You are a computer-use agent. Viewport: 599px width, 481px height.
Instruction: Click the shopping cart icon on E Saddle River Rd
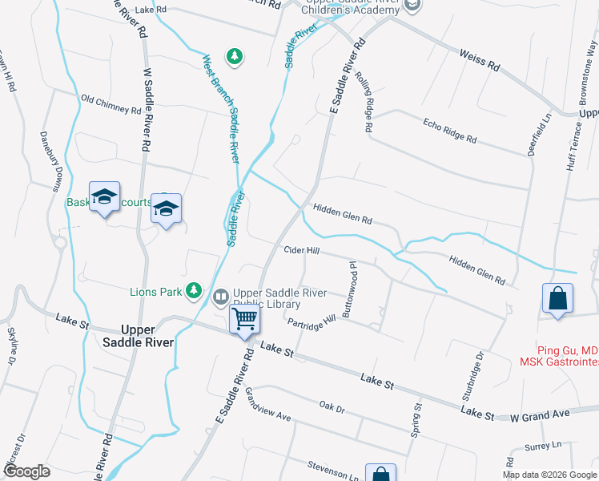[x=245, y=318]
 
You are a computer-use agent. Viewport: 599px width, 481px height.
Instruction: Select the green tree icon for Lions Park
[x=193, y=291]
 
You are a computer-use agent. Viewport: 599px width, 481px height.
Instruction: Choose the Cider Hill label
[x=302, y=251]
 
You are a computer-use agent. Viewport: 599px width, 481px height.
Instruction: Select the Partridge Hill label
[x=312, y=322]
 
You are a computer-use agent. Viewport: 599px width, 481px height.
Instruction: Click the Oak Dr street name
[x=332, y=409]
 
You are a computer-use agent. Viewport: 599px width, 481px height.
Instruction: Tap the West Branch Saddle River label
[x=221, y=107]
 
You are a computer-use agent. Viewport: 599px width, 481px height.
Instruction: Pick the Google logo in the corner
[x=26, y=471]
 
